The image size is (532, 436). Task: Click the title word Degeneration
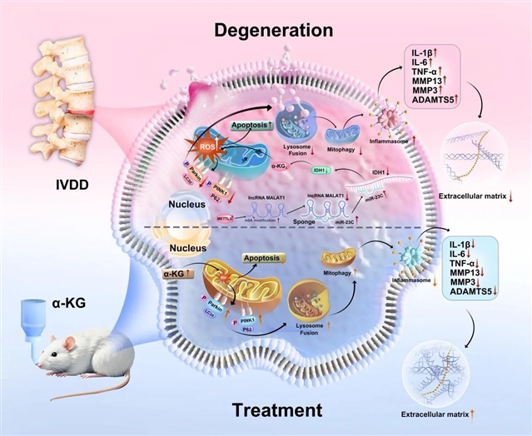click(273, 30)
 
